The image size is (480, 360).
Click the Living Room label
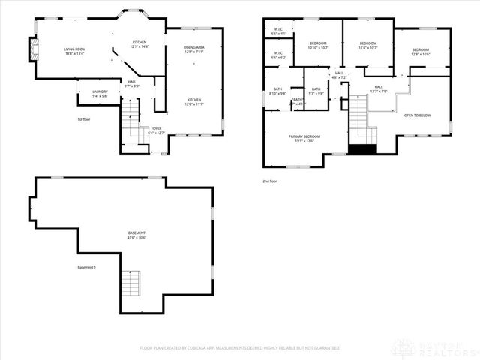(74, 51)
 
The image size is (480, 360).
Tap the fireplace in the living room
(31, 51)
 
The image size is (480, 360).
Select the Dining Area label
(194, 49)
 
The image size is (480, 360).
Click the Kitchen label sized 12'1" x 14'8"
(140, 44)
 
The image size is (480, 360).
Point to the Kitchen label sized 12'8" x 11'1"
(194, 101)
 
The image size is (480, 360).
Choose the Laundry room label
(100, 93)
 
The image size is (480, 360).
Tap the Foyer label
(156, 130)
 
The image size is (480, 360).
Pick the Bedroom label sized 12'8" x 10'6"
(419, 52)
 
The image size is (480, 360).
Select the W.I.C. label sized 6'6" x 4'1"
(278, 31)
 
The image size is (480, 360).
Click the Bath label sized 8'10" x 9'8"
(277, 93)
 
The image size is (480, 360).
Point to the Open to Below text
(417, 115)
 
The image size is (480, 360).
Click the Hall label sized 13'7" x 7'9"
(379, 89)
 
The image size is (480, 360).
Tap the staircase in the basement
(130, 283)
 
